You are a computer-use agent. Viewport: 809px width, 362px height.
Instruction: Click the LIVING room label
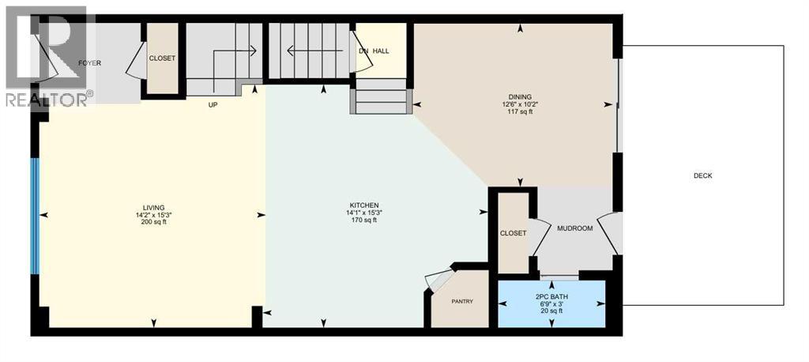click(x=150, y=207)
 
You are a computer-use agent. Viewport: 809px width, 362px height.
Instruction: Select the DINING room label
click(x=520, y=96)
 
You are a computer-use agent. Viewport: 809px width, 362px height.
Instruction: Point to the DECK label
click(x=702, y=175)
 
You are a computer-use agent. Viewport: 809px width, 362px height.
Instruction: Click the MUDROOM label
click(x=574, y=228)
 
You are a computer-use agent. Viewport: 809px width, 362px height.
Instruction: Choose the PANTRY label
click(x=462, y=300)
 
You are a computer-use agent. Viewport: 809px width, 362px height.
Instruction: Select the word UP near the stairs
click(x=213, y=104)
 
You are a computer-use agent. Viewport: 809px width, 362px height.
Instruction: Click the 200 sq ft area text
click(x=150, y=221)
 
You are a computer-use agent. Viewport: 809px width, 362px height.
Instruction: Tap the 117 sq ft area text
click(x=520, y=111)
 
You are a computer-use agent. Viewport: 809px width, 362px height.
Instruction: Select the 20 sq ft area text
click(x=552, y=311)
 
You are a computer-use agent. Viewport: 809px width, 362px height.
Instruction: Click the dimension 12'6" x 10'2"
click(x=520, y=104)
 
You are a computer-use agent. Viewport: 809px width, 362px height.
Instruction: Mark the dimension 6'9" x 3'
click(x=552, y=304)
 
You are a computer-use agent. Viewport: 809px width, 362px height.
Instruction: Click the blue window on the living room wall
click(x=34, y=216)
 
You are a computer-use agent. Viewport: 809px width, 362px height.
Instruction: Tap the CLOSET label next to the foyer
click(x=162, y=58)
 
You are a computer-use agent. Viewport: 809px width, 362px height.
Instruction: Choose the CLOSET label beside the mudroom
click(x=513, y=233)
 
